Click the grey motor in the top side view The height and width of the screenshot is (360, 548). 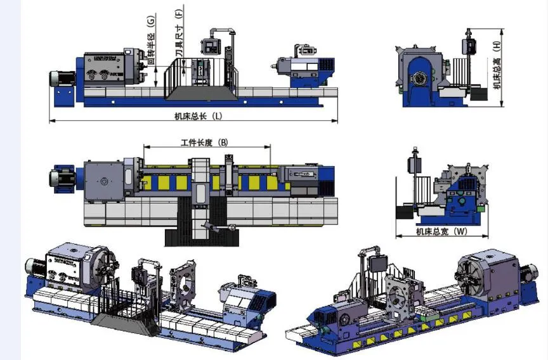click(63, 78)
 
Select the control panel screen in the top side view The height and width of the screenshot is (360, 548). click(210, 46)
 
